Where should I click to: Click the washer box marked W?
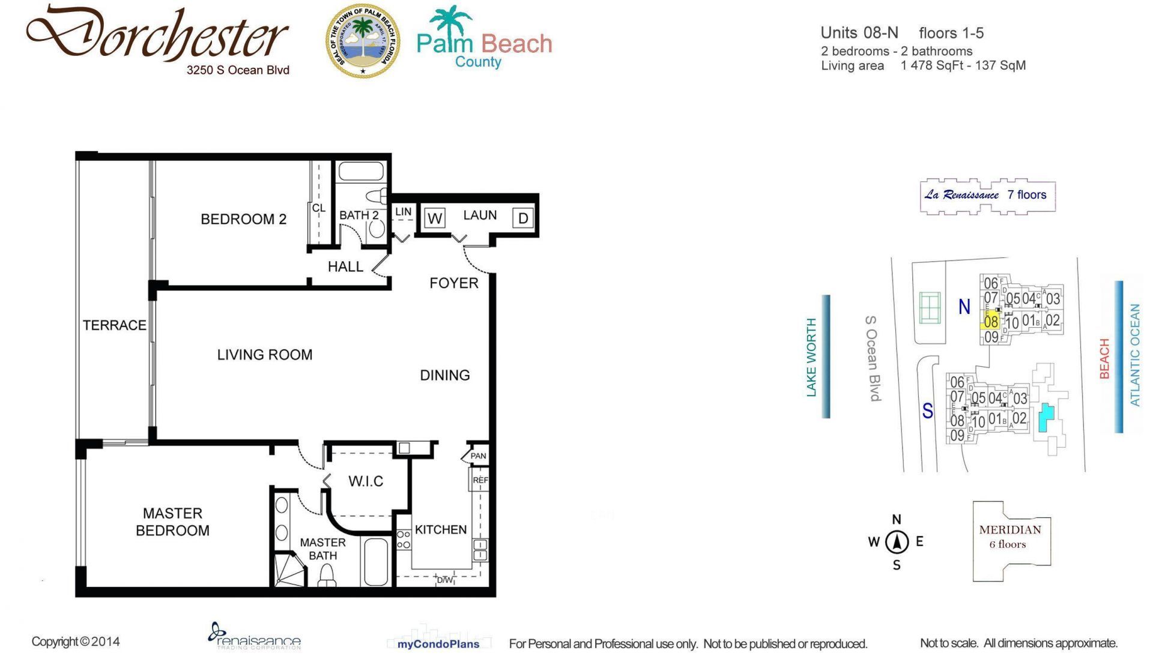point(435,218)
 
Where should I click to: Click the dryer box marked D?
point(522,218)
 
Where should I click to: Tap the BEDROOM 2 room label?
point(243,219)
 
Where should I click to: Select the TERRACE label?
point(114,325)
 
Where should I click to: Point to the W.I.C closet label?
point(365,481)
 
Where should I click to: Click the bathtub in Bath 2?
point(361,172)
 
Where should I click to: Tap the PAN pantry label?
point(478,456)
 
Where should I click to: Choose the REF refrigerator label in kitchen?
point(480,480)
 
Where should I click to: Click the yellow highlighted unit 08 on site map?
point(990,321)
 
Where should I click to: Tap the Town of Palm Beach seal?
point(363,41)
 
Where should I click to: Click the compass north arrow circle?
point(897,542)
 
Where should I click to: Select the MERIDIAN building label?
point(1010,530)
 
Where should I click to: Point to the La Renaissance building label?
point(961,195)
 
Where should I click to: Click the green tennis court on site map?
point(930,308)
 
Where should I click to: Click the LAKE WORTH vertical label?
point(812,357)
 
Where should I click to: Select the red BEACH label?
point(1104,359)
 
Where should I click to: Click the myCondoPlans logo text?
point(438,644)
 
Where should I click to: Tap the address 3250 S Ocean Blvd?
point(238,70)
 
